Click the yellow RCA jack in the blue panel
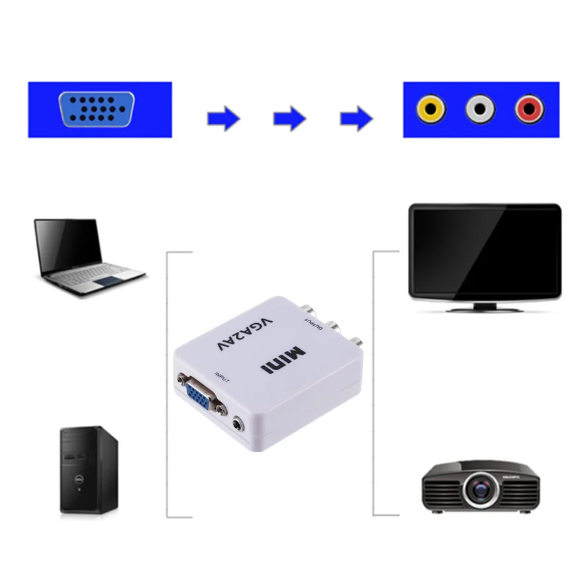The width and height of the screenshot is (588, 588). click(431, 109)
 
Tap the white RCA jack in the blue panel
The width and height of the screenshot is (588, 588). click(480, 109)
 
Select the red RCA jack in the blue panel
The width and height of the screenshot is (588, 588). click(529, 109)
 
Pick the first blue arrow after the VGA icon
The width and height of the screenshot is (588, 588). click(223, 119)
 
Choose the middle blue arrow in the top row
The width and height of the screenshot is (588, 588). click(289, 119)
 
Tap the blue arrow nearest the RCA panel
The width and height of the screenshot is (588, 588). click(356, 119)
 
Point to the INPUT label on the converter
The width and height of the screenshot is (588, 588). click(222, 378)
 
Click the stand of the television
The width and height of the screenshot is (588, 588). click(484, 307)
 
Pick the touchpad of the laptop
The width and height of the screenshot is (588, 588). click(105, 281)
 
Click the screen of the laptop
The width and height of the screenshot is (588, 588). click(69, 244)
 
